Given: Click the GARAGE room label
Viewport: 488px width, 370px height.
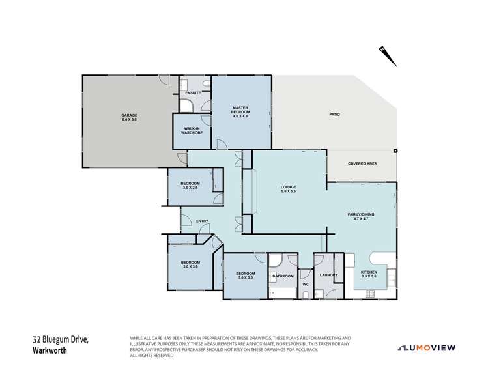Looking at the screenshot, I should (x=129, y=118).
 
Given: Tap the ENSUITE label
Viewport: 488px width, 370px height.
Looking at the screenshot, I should (x=193, y=94).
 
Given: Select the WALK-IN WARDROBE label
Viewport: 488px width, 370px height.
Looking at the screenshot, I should (x=192, y=130).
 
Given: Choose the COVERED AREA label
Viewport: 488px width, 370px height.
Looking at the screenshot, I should (x=363, y=164).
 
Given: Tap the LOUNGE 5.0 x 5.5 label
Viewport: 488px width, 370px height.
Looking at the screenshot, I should (x=289, y=190).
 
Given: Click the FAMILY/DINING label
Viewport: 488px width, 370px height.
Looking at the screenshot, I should (x=362, y=216).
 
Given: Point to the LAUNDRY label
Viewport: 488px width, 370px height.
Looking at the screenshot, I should (x=328, y=275).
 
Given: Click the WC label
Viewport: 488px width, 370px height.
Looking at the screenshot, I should (x=305, y=284).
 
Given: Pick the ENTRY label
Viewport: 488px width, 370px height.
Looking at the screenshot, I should (x=202, y=221).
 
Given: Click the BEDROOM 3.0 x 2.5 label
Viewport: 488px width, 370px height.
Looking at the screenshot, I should (x=191, y=186).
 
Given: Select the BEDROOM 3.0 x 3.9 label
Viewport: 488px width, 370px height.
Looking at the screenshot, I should (x=191, y=265).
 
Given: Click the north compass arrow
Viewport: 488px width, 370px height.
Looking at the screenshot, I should (x=389, y=56).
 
